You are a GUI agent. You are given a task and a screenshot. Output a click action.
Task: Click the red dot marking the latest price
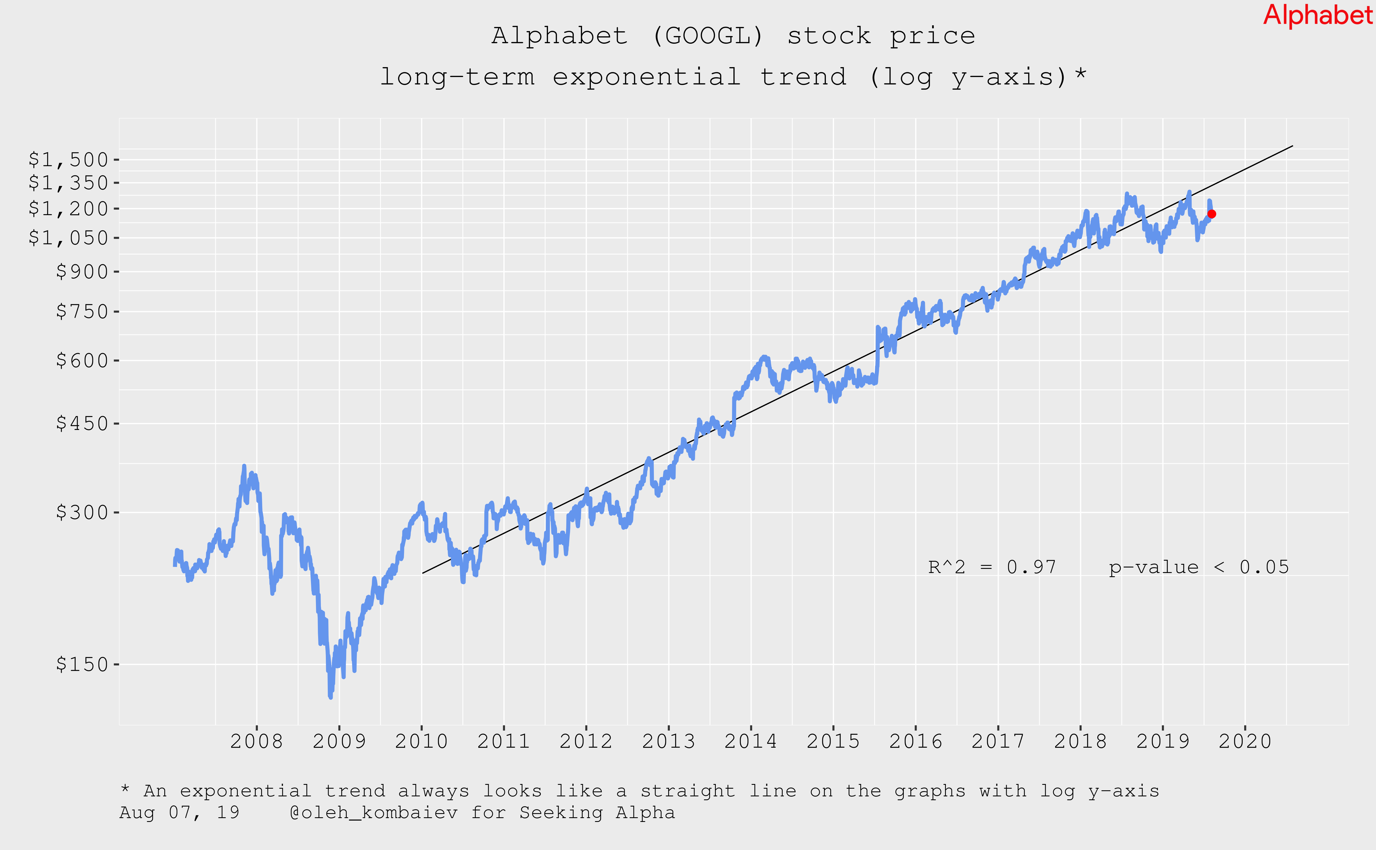1212,214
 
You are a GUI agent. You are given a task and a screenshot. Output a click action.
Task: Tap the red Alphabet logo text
1317,15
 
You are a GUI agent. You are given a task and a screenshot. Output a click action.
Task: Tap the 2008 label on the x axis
256,742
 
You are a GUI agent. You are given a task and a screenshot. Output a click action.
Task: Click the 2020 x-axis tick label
1245,742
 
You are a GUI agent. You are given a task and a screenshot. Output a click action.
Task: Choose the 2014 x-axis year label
751,742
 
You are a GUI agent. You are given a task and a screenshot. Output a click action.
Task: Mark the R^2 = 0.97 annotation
992,567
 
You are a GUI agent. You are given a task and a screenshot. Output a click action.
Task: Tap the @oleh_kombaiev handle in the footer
373,813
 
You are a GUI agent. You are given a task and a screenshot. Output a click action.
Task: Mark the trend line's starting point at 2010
422,574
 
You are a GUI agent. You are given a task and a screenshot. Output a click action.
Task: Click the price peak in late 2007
244,466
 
